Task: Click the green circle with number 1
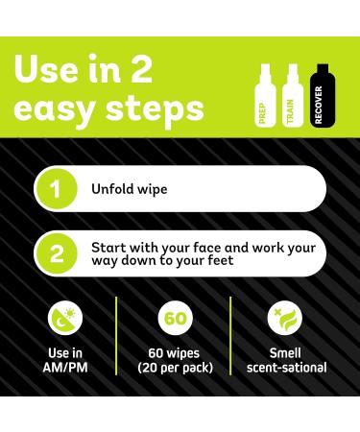tap(55, 188)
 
